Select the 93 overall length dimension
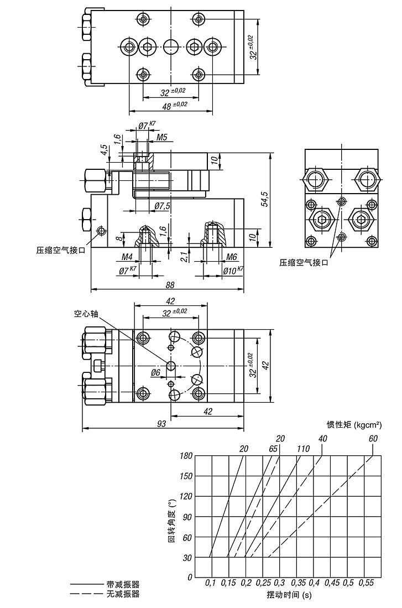pos(161,424)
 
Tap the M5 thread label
pos(161,137)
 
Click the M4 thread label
pos(127,257)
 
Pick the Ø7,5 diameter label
pos(163,206)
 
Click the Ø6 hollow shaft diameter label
pos(156,373)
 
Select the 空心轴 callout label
pos(86,313)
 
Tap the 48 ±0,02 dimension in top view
pos(174,105)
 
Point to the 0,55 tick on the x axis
pos(365,583)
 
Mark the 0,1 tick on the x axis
pos(211,583)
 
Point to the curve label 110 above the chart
pos(302,449)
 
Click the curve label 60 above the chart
pos(373,439)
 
